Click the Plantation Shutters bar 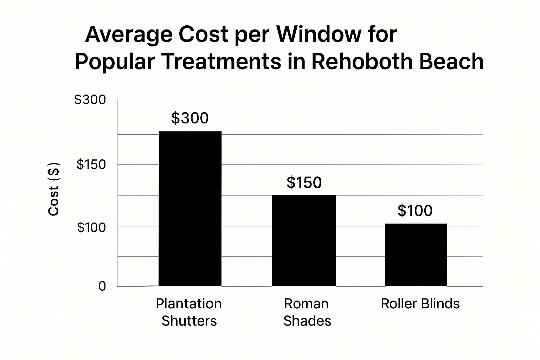coord(190,208)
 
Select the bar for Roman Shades coord(304,240)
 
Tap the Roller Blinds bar coord(416,255)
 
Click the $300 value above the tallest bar coord(190,118)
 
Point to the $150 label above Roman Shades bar coord(304,182)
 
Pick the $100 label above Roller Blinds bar coord(415,211)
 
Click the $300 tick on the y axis coord(90,100)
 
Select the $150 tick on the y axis coord(91,164)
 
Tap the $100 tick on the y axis coord(91,227)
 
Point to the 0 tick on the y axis coord(102,286)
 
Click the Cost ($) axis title coord(54,189)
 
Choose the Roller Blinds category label coord(420,303)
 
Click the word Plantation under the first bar coord(189,303)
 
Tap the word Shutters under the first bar coord(189,321)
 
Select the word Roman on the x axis coord(306,303)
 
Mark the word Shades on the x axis coord(307,321)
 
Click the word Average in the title coord(129,34)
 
